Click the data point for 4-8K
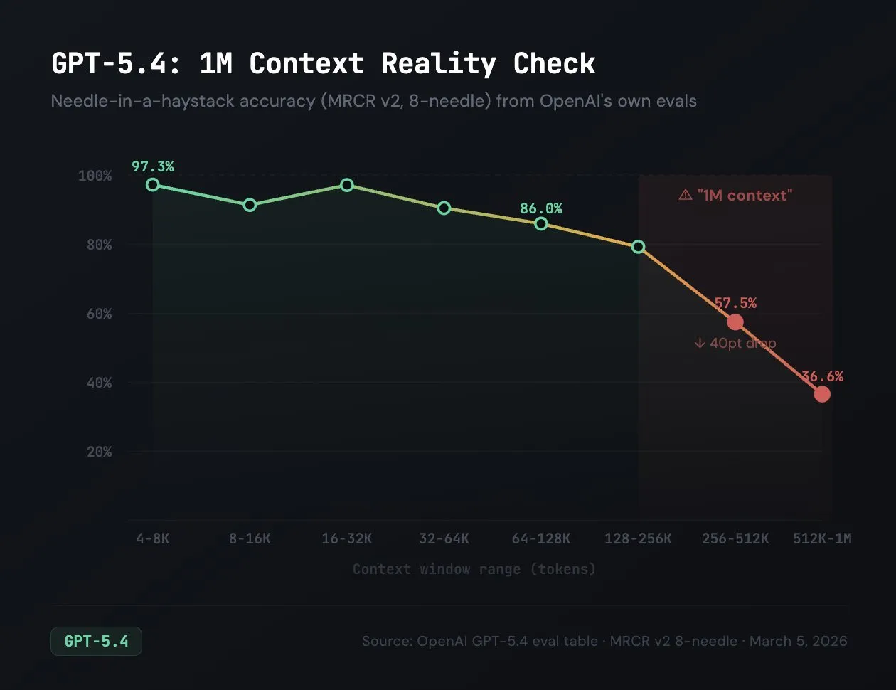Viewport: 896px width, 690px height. click(153, 185)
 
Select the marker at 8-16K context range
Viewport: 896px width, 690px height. click(250, 205)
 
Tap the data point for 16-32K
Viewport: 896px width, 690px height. click(347, 185)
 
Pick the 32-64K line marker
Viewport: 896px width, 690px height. click(444, 208)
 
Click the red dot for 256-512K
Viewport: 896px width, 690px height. click(735, 322)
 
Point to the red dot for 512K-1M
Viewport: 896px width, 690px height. click(822, 394)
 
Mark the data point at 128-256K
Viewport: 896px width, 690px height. click(639, 247)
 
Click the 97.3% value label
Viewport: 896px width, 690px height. click(153, 166)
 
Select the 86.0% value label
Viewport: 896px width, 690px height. click(541, 208)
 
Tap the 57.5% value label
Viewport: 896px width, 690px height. click(735, 303)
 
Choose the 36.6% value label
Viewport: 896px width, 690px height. click(822, 376)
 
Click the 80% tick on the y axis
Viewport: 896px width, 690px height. click(95, 245)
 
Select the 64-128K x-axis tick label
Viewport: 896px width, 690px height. click(541, 538)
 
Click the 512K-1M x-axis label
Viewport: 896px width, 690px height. click(822, 538)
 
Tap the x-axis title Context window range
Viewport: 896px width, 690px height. click(474, 569)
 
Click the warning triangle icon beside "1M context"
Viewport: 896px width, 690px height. click(686, 195)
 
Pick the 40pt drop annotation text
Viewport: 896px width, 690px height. click(735, 343)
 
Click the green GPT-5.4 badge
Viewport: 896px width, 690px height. click(96, 641)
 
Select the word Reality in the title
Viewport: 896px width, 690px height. click(438, 63)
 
